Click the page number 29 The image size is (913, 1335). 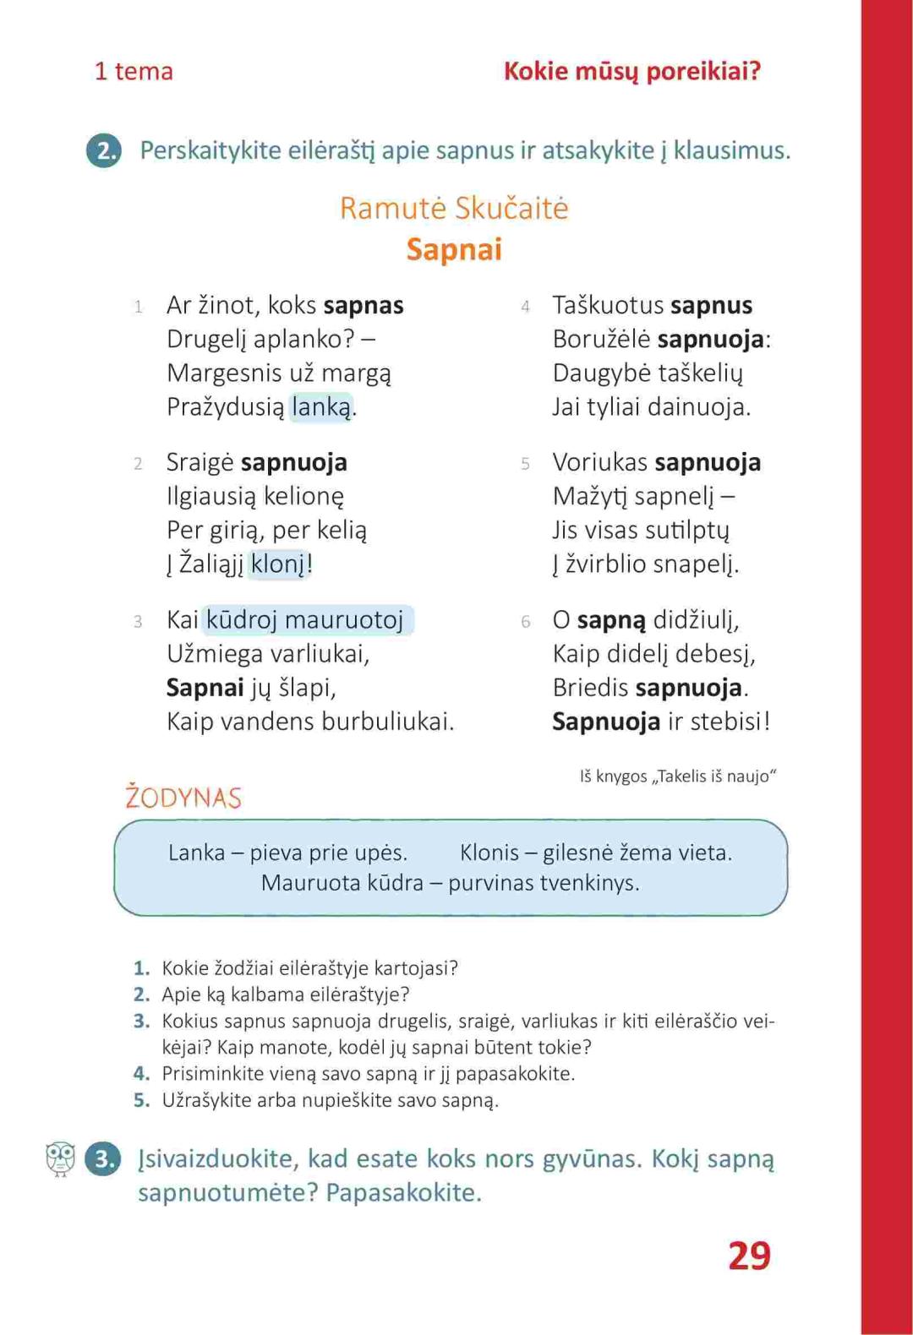pos(749,1256)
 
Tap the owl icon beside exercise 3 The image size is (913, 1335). pos(60,1158)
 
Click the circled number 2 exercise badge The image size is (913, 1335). pos(104,150)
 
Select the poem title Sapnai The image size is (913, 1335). pos(454,249)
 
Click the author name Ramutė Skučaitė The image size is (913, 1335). pos(454,208)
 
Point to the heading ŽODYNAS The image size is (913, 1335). pos(183,798)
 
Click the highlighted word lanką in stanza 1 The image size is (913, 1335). pos(321,407)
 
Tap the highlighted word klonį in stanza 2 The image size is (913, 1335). pos(278,564)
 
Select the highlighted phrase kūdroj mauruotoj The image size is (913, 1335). pos(305,620)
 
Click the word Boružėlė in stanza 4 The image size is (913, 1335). pos(601,340)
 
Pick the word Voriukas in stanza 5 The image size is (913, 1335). pos(600,462)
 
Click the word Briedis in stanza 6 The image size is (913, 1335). pos(590,688)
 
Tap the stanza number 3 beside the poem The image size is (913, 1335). pos(138,622)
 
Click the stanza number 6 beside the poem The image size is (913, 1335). pos(525,622)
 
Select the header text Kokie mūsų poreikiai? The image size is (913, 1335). pos(632,71)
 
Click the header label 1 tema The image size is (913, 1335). pos(134,71)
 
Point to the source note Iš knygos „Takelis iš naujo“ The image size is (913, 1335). pos(678,776)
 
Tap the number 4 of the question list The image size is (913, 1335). pos(141,1074)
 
